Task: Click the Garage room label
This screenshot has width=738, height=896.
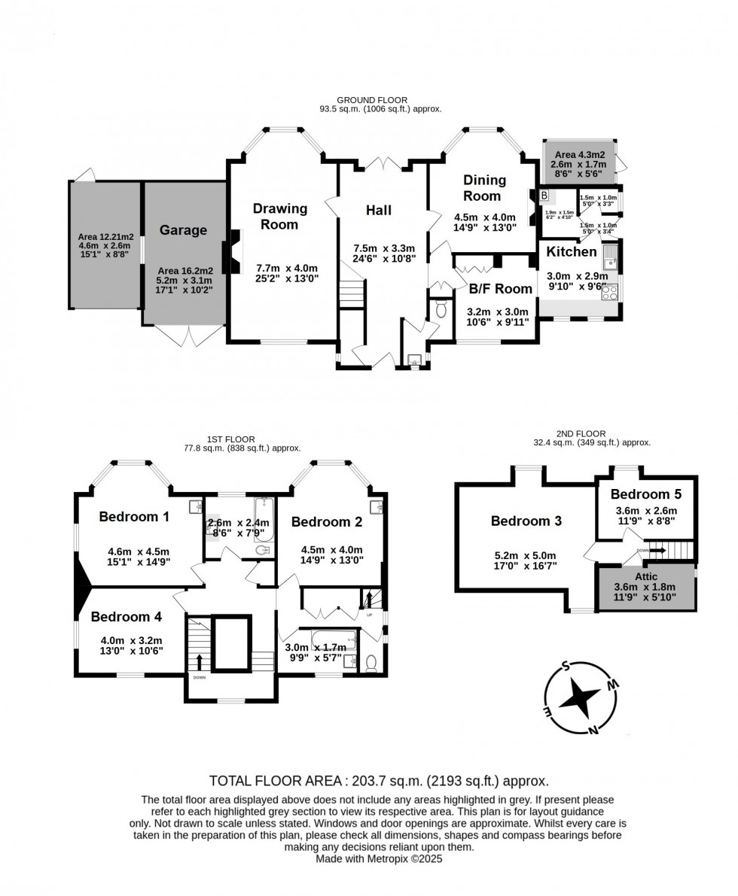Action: pos(183,230)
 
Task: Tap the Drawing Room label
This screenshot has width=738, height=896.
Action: pos(279,216)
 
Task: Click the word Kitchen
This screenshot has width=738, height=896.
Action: pos(571,251)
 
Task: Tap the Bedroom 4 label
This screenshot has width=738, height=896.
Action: pos(127,617)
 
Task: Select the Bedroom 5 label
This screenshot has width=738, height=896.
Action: pos(645,494)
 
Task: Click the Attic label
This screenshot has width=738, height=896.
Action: pos(645,576)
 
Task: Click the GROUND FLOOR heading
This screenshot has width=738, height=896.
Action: pos(372,99)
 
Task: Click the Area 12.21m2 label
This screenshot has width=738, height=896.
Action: pos(104,235)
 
